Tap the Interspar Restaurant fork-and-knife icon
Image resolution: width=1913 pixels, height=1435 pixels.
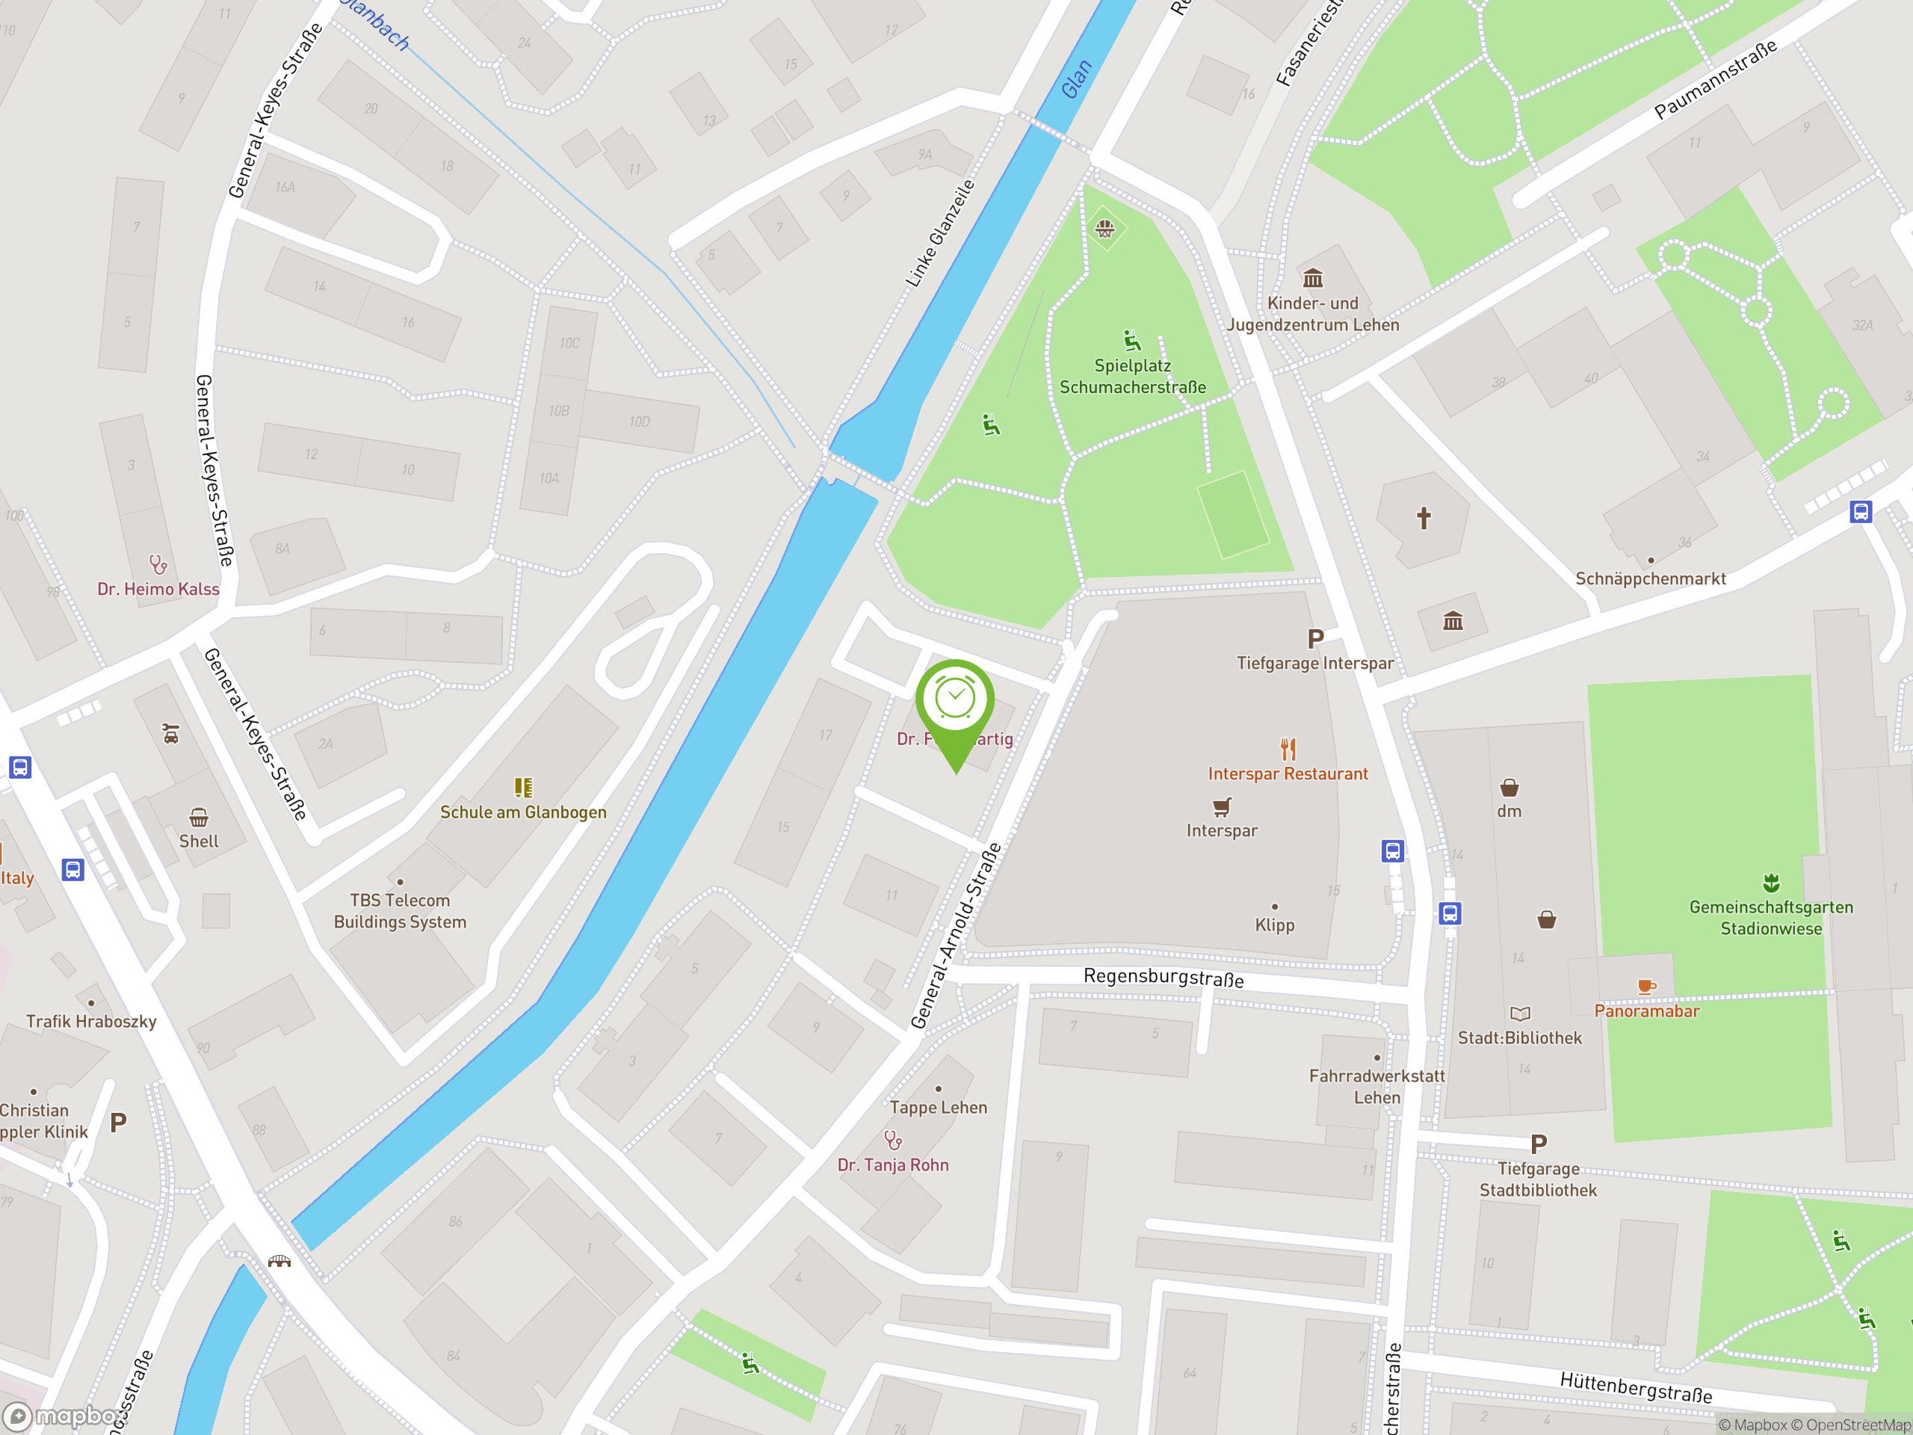tap(1288, 748)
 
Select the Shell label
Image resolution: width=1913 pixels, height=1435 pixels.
tap(199, 841)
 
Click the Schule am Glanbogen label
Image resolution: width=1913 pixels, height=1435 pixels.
tap(523, 812)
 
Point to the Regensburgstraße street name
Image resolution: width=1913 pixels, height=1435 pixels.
tap(1163, 978)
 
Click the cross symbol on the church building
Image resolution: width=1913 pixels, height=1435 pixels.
tap(1424, 518)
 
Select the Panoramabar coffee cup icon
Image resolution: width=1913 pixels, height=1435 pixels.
tap(1645, 986)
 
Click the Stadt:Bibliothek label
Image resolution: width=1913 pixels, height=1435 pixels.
tap(1519, 1038)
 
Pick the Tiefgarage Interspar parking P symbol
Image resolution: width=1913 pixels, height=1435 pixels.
tap(1315, 639)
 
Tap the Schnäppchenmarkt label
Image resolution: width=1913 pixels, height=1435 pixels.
tap(1650, 578)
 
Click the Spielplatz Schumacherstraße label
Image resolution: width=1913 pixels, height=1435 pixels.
tap(1132, 376)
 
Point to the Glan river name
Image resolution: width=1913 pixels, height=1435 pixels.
tap(1077, 78)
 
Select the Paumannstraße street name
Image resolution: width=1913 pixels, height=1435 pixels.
tap(1716, 78)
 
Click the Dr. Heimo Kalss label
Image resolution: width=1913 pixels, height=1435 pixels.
tap(158, 589)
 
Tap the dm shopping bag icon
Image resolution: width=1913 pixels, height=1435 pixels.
tap(1509, 787)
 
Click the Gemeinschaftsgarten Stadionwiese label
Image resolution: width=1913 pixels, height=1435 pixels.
tap(1771, 918)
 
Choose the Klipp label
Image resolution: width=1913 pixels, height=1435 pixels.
tap(1275, 925)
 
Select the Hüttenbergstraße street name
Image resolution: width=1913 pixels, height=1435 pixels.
tap(1635, 1386)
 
